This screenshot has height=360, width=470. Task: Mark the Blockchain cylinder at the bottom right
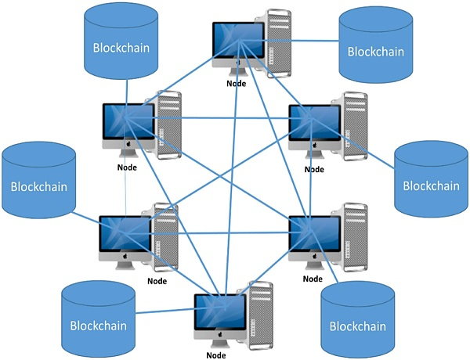(356, 324)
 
